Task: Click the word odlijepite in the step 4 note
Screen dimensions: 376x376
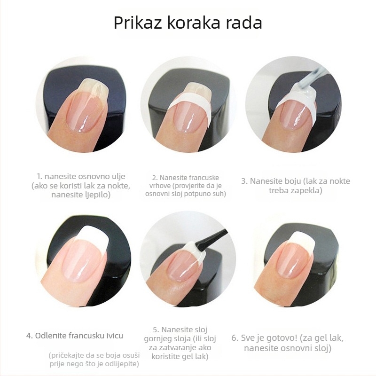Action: [x=124, y=363]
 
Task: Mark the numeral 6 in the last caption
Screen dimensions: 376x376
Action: [x=234, y=338]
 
